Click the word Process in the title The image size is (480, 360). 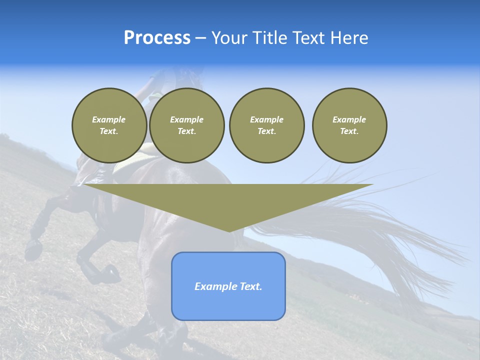tap(157, 38)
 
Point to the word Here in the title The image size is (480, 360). tap(348, 38)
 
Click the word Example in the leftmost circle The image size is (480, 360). tap(109, 119)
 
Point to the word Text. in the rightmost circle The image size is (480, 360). tap(349, 131)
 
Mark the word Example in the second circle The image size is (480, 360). tap(186, 119)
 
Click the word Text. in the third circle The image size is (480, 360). tap(266, 131)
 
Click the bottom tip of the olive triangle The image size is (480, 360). tap(229, 230)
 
